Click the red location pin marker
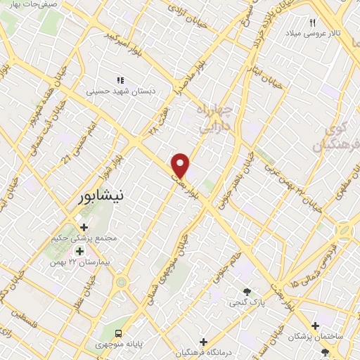click(181, 165)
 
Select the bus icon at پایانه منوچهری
click(119, 332)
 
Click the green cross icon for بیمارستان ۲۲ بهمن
click(79, 251)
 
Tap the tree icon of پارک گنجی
click(247, 292)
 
